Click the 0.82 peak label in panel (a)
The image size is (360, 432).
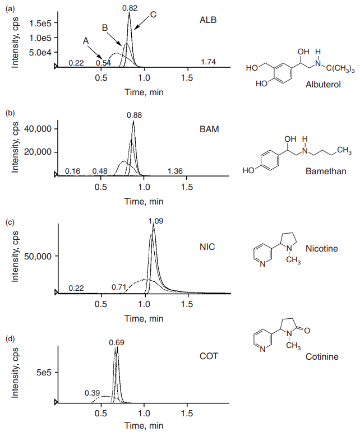pyautogui.click(x=130, y=8)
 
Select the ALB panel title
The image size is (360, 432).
pyautogui.click(x=208, y=21)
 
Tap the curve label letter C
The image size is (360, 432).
pyautogui.click(x=153, y=14)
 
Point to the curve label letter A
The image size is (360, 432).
pyautogui.click(x=86, y=41)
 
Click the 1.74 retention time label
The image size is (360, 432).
pyautogui.click(x=208, y=62)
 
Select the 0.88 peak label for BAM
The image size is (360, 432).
pyautogui.click(x=134, y=115)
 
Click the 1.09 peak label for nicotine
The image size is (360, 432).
pyautogui.click(x=156, y=221)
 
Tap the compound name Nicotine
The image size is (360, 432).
pyautogui.click(x=322, y=248)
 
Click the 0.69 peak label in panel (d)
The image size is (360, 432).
pyautogui.click(x=117, y=342)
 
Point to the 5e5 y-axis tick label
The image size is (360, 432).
pyautogui.click(x=43, y=372)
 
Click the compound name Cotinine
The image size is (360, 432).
pyautogui.click(x=322, y=356)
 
